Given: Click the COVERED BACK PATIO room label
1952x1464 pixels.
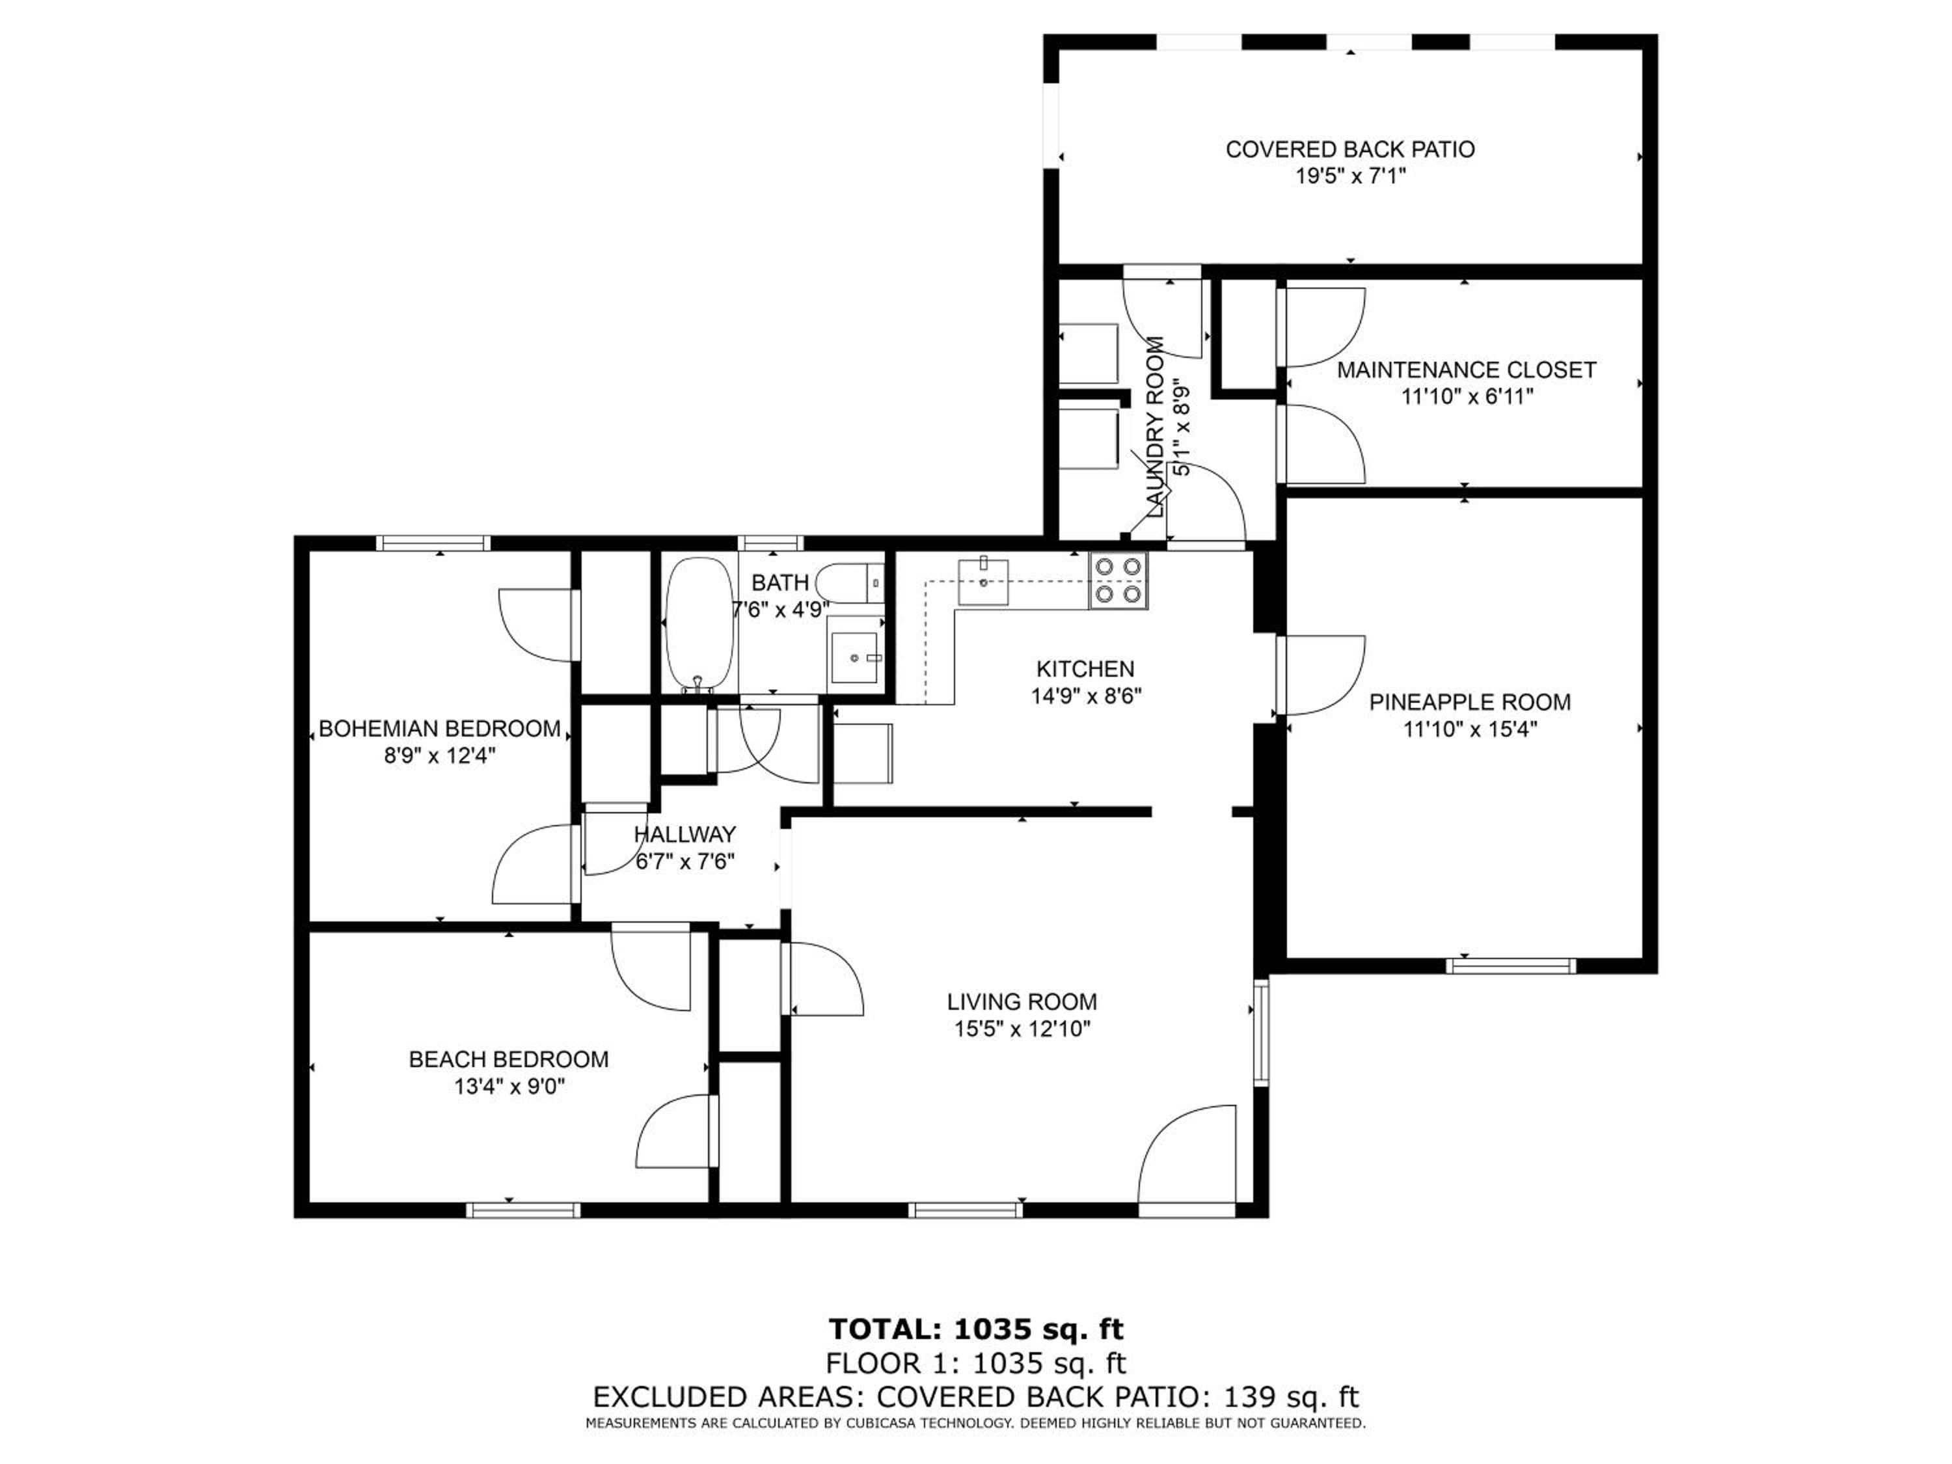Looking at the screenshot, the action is coord(1350,149).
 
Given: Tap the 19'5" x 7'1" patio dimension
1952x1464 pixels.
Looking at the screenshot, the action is coord(1350,176).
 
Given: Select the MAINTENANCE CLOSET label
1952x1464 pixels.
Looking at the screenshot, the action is coord(1467,370).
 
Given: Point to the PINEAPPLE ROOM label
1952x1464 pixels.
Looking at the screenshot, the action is coord(1470,703).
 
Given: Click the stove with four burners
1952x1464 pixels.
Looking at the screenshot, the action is coord(1119,580).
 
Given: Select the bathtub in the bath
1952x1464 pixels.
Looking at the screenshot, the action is coord(699,624).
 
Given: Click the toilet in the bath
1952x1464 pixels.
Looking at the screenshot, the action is coord(849,583).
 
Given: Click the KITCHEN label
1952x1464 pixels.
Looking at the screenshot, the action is coord(1085,669).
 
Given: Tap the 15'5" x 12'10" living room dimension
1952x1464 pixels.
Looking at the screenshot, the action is coord(1022,1029).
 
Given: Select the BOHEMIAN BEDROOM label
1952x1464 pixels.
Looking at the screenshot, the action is coord(439,729).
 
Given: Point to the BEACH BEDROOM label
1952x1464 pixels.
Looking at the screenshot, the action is coord(508,1059).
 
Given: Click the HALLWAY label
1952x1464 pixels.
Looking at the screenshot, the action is coord(685,834).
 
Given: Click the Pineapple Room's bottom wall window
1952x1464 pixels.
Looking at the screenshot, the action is coord(1511,966).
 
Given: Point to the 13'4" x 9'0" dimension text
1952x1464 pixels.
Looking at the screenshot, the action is coord(509,1087).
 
